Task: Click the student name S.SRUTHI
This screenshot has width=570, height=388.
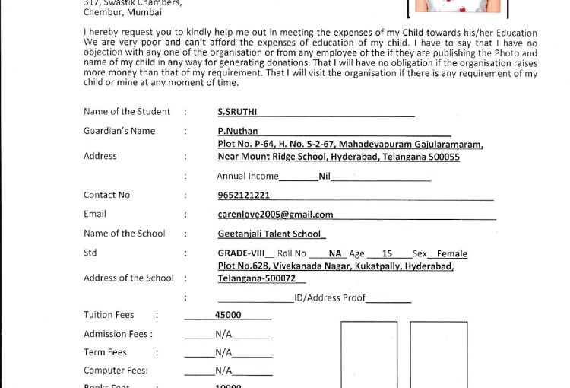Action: [236, 111]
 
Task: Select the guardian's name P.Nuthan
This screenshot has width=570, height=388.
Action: [238, 131]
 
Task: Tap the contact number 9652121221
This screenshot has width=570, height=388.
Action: [242, 195]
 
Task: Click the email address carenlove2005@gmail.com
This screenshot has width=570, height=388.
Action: [275, 215]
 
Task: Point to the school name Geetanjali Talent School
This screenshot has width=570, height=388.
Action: [271, 234]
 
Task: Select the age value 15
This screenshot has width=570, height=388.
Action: [387, 253]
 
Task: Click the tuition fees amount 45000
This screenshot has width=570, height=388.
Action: [228, 314]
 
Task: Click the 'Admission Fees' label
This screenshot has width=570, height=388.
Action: [118, 333]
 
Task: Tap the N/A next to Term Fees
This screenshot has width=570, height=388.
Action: [223, 353]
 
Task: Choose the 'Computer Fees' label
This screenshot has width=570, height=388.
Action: [116, 371]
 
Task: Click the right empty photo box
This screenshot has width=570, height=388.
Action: [439, 355]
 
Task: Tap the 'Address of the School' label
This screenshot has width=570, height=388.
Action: [128, 278]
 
